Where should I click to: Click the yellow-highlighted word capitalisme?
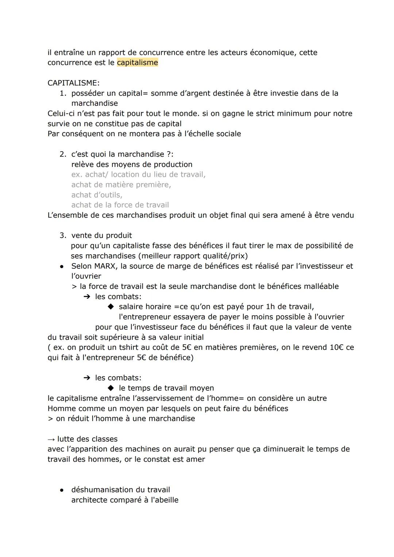pos(137,62)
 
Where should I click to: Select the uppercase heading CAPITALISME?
pos(73,83)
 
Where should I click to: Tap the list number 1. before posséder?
pos(63,93)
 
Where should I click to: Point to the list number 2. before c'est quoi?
pos(63,154)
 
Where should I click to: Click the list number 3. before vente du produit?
pos(63,235)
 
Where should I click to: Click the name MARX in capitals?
pos(106,266)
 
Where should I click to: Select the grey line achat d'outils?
pos(97,195)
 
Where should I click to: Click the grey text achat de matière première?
pos(121,184)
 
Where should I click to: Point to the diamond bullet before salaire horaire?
pos(111,306)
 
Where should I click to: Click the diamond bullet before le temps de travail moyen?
pos(111,388)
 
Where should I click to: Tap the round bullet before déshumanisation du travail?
pos(62,490)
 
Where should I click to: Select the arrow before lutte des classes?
pos(51,439)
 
